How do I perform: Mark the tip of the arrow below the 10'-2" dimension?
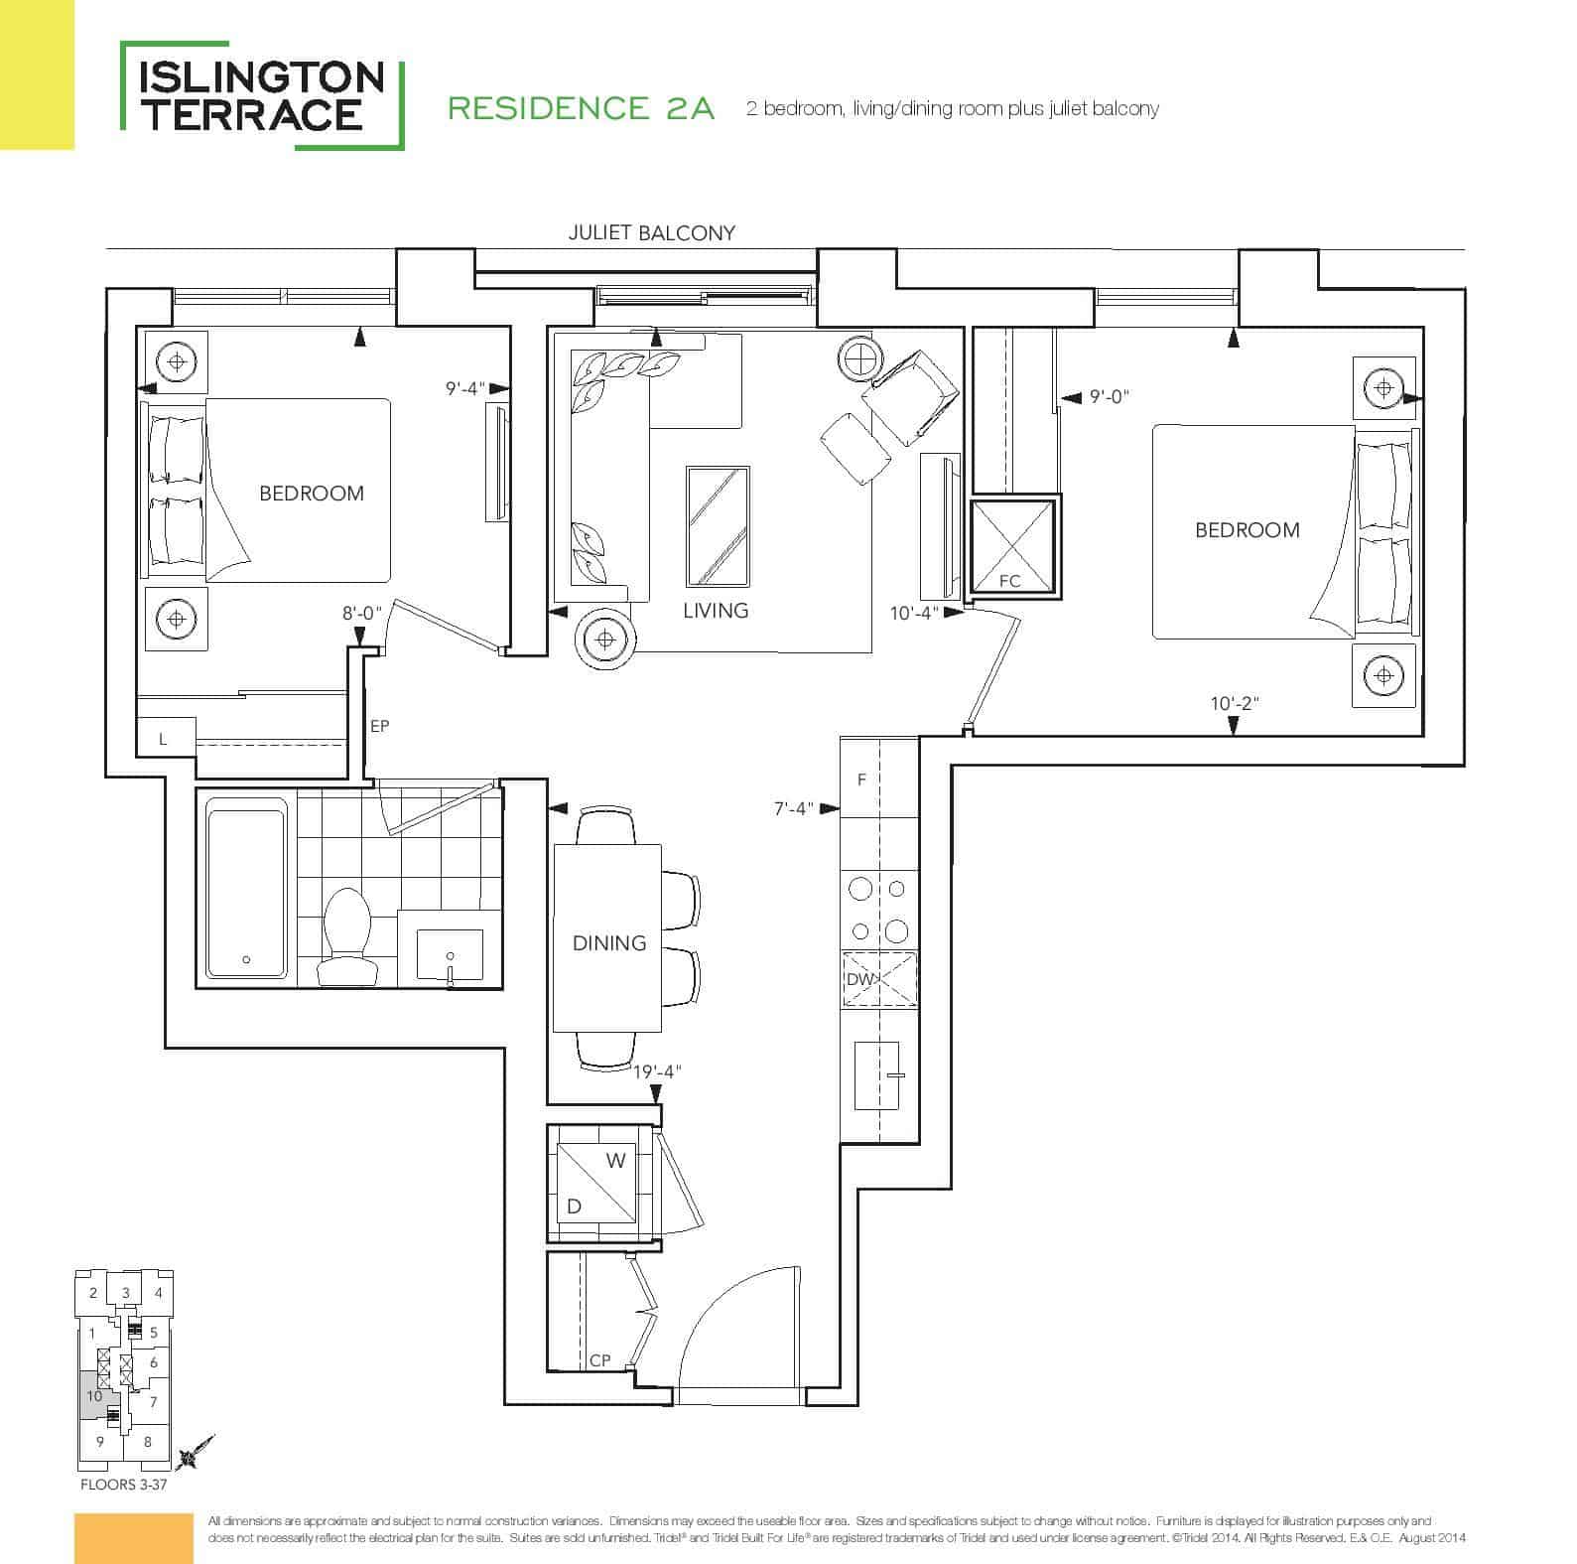point(1234,736)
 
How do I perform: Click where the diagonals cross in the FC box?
point(1011,546)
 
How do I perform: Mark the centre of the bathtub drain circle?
point(246,959)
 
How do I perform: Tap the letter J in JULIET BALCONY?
point(573,233)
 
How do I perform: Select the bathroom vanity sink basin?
point(450,955)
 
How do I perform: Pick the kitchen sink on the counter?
point(876,1076)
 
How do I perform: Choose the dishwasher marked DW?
point(880,979)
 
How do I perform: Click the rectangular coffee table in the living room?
point(718,526)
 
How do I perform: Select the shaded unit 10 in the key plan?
point(96,1394)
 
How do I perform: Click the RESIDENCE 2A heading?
point(582,108)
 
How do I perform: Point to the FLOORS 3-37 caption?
point(125,1487)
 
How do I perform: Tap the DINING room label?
point(609,943)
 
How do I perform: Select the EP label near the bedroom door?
point(379,726)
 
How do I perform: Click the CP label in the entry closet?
point(599,1360)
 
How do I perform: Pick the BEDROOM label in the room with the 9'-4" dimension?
point(312,494)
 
